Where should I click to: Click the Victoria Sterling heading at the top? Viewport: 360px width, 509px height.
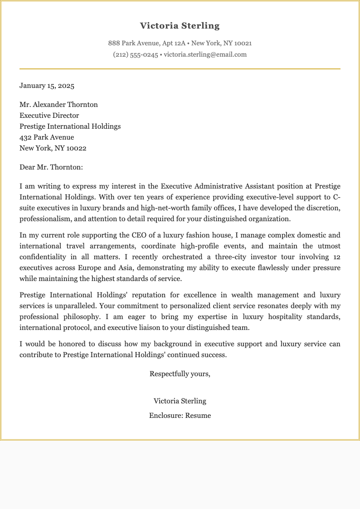pyautogui.click(x=180, y=26)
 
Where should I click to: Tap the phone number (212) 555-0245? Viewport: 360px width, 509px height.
pyautogui.click(x=135, y=55)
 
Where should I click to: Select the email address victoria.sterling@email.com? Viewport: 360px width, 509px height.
pyautogui.click(x=205, y=55)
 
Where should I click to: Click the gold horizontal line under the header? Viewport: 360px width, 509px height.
pyautogui.click(x=180, y=69)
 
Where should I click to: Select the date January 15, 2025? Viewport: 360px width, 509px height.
pyautogui.click(x=47, y=86)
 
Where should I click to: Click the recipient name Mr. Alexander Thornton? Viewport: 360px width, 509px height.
pyautogui.click(x=58, y=105)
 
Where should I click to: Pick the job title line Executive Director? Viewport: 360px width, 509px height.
pyautogui.click(x=49, y=116)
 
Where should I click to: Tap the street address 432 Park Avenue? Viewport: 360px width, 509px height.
pyautogui.click(x=47, y=137)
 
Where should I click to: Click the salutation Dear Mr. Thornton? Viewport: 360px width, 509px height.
pyautogui.click(x=51, y=167)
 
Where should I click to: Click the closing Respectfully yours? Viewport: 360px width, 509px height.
pyautogui.click(x=180, y=374)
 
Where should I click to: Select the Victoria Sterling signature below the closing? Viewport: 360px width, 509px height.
pyautogui.click(x=180, y=401)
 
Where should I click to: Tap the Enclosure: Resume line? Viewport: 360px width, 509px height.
pyautogui.click(x=180, y=416)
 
